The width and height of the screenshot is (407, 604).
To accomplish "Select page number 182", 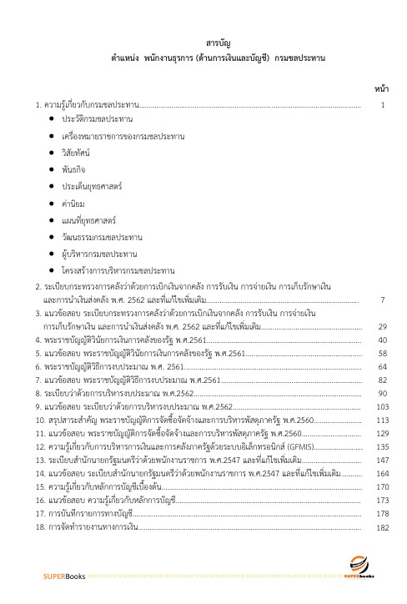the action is (383, 528).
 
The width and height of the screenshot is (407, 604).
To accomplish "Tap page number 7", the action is (382, 299).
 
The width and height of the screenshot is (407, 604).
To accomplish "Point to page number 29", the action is (382, 326).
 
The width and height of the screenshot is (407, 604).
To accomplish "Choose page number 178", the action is (383, 515).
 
